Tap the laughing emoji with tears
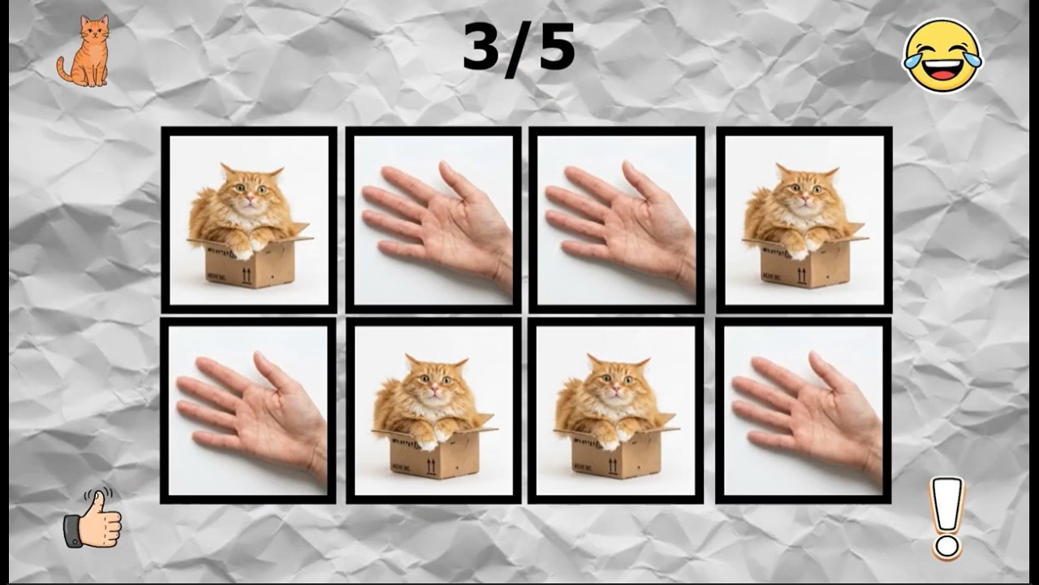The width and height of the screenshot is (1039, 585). (x=942, y=56)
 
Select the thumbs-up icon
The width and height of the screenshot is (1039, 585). (x=93, y=518)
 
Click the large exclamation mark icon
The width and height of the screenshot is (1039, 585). (x=946, y=518)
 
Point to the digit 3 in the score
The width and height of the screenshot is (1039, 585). (x=485, y=46)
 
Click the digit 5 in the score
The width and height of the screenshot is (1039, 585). (x=557, y=46)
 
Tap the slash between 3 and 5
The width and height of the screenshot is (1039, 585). (x=521, y=50)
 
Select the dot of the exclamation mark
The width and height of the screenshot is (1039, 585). (x=946, y=547)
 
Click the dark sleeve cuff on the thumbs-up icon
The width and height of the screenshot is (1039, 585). (x=72, y=531)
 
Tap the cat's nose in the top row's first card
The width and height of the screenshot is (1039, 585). (x=250, y=197)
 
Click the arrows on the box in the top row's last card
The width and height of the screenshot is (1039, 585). (x=801, y=275)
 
